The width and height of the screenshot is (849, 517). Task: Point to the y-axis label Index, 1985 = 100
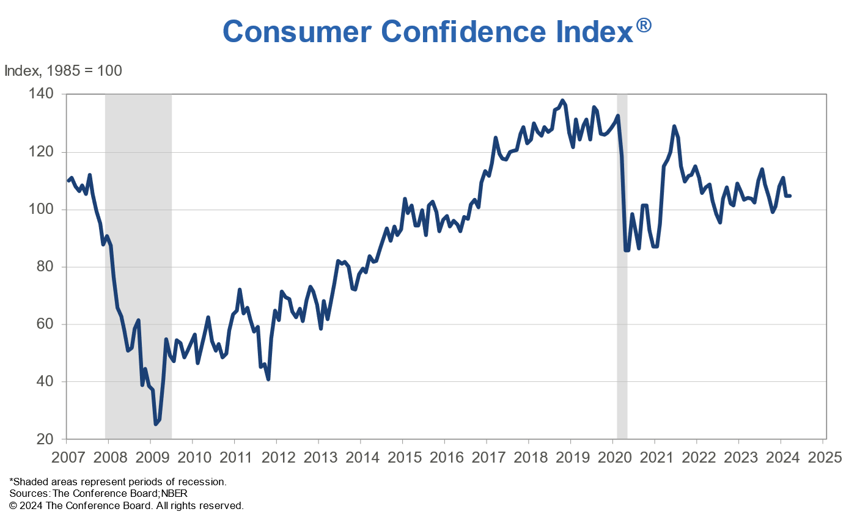point(63,71)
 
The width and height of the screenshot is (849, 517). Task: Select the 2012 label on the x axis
point(276,457)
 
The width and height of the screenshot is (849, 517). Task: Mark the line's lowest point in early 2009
point(156,424)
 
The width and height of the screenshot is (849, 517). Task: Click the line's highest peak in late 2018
point(562,100)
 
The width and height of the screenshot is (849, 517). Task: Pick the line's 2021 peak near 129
point(674,127)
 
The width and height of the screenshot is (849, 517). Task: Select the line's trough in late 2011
point(268,379)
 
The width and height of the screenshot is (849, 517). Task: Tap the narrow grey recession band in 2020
point(622,275)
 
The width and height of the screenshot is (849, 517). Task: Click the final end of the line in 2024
point(790,196)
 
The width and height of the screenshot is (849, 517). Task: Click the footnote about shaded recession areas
point(118,482)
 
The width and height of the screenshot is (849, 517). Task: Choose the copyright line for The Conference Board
point(127,505)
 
